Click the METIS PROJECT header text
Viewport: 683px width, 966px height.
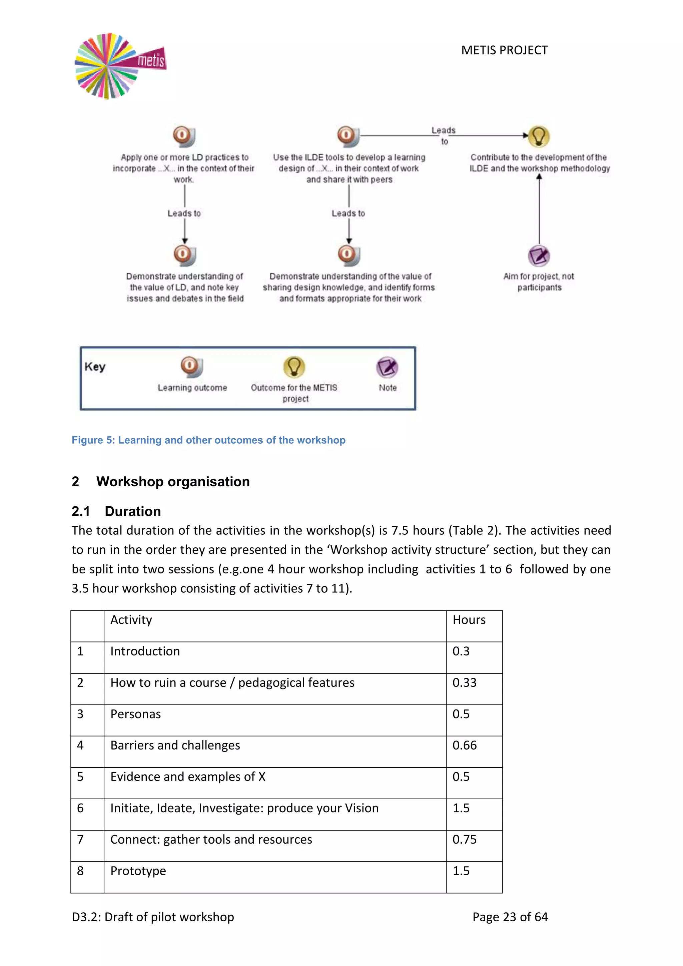504,50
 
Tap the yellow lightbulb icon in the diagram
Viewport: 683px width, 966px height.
539,136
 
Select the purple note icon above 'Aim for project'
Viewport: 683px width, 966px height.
539,256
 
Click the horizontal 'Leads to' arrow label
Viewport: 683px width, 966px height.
444,135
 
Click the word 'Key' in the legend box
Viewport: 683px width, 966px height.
95,367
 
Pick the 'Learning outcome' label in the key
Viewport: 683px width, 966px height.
192,388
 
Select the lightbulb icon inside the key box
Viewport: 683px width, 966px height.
294,367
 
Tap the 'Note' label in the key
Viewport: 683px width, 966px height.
387,388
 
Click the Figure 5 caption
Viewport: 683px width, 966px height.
208,440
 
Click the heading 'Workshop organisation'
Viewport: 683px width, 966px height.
173,481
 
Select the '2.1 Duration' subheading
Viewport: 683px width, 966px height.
116,511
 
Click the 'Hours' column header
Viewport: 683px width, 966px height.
469,620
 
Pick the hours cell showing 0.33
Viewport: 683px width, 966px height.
464,682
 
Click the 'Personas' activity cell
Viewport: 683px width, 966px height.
135,714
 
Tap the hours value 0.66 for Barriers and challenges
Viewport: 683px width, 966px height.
464,745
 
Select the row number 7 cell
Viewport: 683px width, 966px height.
80,839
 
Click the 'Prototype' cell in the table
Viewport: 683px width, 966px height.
138,871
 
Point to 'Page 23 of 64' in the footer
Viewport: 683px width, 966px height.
510,917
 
